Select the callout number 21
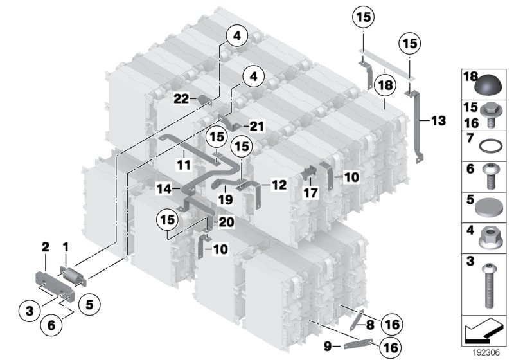coord(257,126)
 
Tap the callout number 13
coord(438,121)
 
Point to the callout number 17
coord(310,192)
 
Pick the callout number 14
coord(164,190)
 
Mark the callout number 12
coord(279,184)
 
